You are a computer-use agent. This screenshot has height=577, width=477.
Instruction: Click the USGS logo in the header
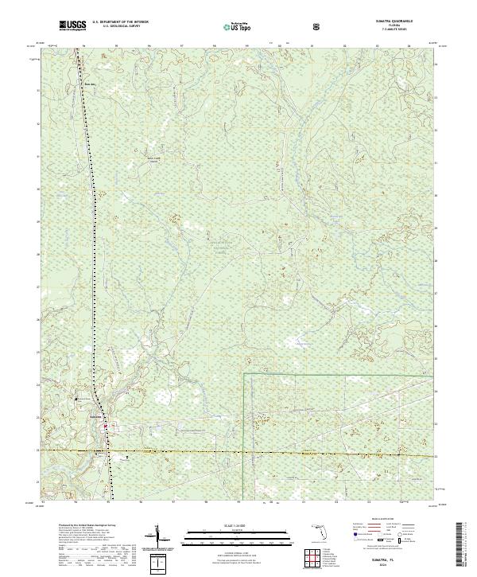coord(72,26)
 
